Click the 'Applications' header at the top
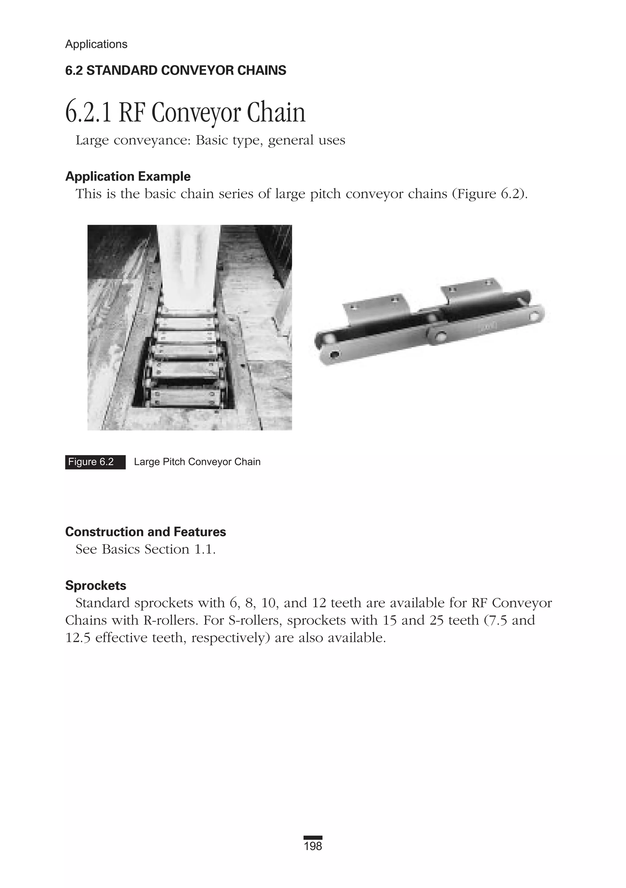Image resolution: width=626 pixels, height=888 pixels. tap(96, 44)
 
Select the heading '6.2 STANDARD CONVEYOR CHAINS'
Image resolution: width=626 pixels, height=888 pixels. tap(175, 70)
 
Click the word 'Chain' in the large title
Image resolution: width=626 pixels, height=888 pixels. tap(276, 113)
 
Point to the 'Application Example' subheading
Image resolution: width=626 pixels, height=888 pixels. tap(128, 176)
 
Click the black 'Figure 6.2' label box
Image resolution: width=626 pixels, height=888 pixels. tap(95, 462)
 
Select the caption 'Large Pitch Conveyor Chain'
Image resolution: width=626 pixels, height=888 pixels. tap(197, 462)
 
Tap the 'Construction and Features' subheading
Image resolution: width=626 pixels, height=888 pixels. tap(145, 532)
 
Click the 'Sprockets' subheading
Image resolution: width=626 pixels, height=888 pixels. tap(95, 586)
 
